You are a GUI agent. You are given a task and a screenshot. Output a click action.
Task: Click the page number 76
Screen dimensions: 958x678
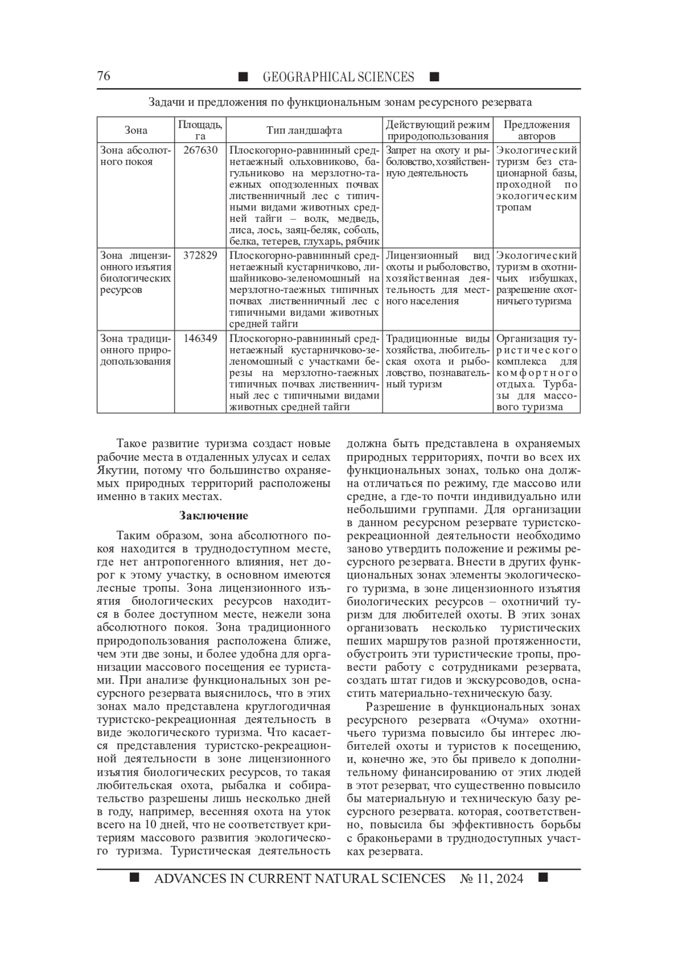click(x=104, y=76)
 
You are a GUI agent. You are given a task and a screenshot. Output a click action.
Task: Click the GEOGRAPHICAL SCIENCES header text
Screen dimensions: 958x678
click(x=338, y=77)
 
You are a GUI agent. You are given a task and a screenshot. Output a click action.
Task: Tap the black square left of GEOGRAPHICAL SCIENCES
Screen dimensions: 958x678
click(x=243, y=77)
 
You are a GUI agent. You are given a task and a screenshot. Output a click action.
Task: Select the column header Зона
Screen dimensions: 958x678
click(x=136, y=130)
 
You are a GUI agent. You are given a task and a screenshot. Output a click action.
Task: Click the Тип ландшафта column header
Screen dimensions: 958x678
click(x=304, y=130)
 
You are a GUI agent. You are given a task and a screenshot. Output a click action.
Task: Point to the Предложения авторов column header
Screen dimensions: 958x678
click(x=536, y=130)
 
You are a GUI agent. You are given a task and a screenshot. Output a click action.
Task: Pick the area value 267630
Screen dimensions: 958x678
click(x=200, y=151)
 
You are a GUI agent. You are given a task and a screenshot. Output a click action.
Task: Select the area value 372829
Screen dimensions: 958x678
click(x=200, y=256)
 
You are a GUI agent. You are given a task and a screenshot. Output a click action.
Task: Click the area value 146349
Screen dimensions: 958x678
click(x=200, y=339)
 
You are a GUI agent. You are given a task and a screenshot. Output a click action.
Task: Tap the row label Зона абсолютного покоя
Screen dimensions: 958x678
click(x=135, y=156)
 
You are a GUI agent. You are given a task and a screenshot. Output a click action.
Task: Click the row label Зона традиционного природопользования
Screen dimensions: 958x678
click(x=135, y=350)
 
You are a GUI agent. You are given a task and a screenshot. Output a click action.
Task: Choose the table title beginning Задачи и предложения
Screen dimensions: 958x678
click(x=340, y=103)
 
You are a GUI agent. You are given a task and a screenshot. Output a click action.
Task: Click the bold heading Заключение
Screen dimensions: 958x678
click(x=214, y=515)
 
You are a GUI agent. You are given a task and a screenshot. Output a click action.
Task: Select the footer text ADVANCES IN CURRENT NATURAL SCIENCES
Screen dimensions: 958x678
click(x=299, y=878)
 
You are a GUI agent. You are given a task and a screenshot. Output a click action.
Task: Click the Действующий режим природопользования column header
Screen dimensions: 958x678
click(x=437, y=130)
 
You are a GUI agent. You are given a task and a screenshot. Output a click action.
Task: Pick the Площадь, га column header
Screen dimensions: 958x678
click(x=200, y=130)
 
